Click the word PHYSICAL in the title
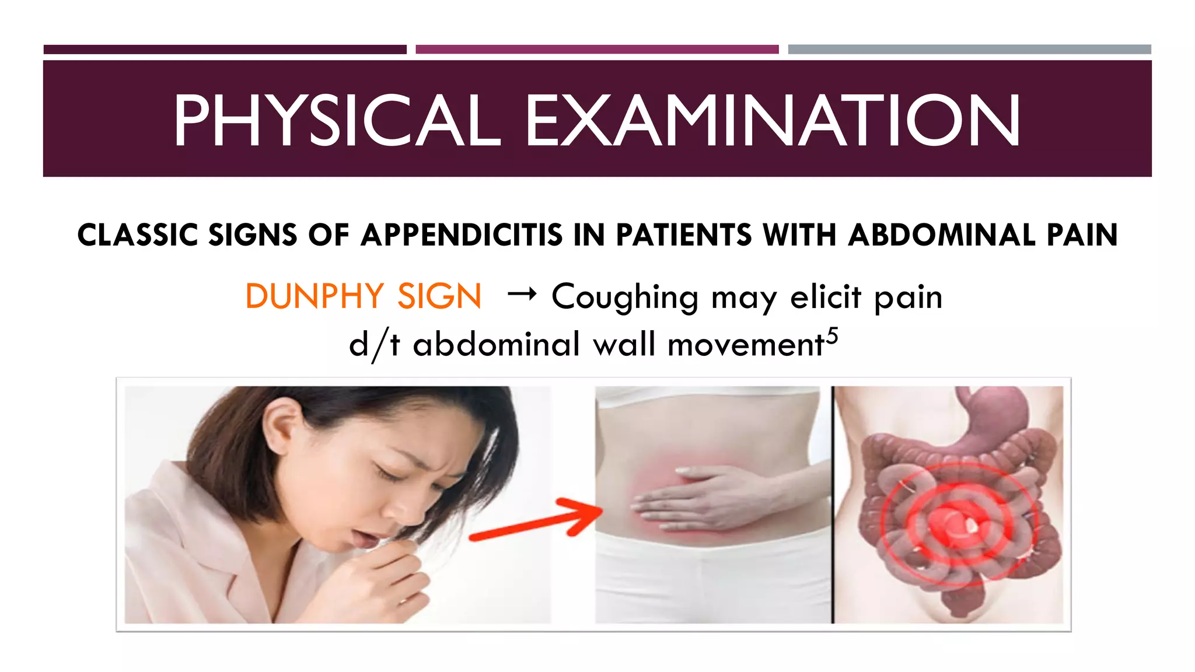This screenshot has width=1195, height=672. [337, 120]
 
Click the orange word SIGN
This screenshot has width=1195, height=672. [439, 296]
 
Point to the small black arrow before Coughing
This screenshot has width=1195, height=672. [522, 295]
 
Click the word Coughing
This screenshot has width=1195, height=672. [624, 297]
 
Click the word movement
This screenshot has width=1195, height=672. [745, 345]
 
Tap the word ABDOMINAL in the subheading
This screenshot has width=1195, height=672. [941, 235]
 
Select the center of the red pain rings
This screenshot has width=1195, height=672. [957, 519]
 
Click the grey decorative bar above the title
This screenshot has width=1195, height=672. [969, 50]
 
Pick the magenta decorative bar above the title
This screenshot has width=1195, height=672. [596, 50]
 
